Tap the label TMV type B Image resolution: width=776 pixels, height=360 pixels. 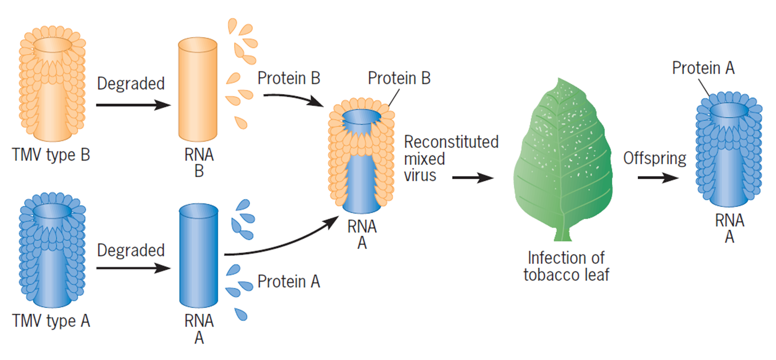52,155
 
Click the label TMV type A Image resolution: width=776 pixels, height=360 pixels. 52,321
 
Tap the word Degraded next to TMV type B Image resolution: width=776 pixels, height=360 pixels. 131,83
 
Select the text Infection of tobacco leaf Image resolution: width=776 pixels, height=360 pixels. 565,266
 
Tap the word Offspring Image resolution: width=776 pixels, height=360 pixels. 655,158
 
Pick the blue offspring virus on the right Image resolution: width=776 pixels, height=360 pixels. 729,149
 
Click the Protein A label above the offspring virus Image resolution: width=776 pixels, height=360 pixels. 703,68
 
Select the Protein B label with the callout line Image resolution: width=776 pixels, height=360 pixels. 399,79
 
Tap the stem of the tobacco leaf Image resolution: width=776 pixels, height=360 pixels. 561,234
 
